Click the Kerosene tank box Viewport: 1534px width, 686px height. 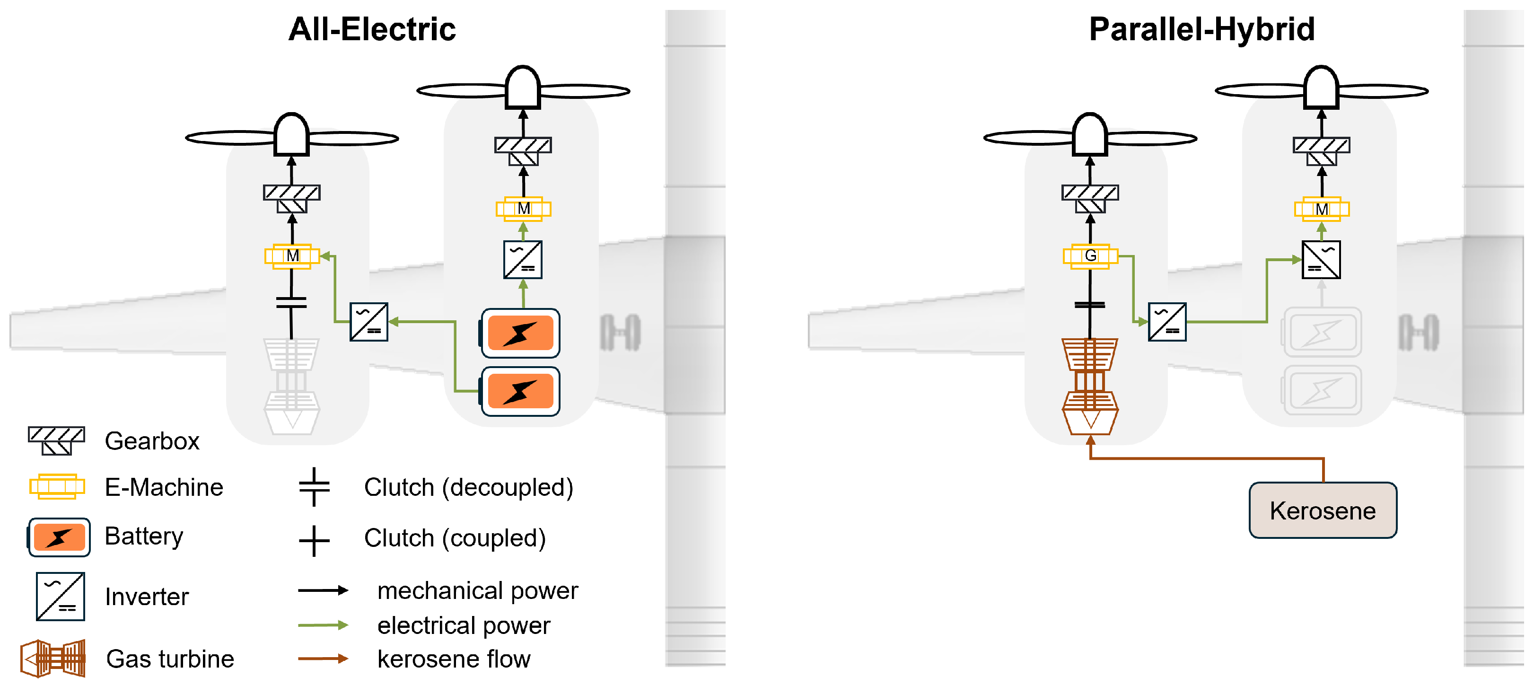click(x=1322, y=510)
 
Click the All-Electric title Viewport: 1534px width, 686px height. click(x=372, y=30)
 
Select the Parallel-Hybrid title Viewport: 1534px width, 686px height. click(x=1202, y=30)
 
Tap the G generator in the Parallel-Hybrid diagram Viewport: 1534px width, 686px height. click(x=1090, y=256)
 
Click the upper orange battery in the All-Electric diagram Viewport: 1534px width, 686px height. click(x=520, y=333)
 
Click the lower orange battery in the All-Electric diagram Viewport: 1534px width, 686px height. click(x=520, y=391)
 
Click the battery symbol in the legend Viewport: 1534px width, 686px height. click(x=59, y=536)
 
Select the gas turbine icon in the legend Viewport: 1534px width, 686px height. click(x=53, y=658)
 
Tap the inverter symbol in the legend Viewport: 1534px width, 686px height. click(x=60, y=596)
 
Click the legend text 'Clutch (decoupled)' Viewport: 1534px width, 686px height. click(x=468, y=488)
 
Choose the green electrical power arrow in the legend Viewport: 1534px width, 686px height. click(x=323, y=624)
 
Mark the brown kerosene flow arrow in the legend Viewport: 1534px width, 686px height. click(x=323, y=658)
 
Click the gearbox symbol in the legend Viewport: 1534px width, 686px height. click(x=57, y=440)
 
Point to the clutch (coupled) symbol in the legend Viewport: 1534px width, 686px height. click(x=314, y=540)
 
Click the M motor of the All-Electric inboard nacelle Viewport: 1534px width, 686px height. click(x=524, y=209)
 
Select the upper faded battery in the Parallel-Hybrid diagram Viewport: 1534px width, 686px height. click(x=1322, y=332)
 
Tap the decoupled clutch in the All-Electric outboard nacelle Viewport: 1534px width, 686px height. click(x=291, y=302)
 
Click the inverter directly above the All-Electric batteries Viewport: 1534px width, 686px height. click(x=523, y=260)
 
